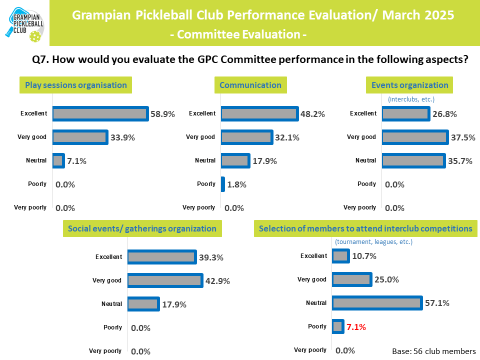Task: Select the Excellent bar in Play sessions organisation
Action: [x=100, y=114]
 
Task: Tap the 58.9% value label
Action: [x=163, y=114]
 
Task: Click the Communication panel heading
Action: [x=250, y=85]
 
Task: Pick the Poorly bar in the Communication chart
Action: [x=222, y=184]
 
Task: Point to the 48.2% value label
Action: [x=312, y=114]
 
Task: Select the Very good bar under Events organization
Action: [x=414, y=137]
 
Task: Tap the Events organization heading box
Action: [x=409, y=85]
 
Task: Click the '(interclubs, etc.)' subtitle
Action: [x=411, y=99]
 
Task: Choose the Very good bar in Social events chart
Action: [x=164, y=280]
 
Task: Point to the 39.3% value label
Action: [x=210, y=257]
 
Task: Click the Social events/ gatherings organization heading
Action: [x=142, y=229]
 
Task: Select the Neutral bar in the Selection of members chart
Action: [x=376, y=303]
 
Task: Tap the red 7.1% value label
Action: [x=356, y=327]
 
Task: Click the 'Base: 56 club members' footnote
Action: [x=433, y=351]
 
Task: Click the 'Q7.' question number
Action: [x=40, y=59]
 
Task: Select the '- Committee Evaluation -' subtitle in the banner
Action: [x=238, y=34]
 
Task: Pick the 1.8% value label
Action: [x=237, y=184]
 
